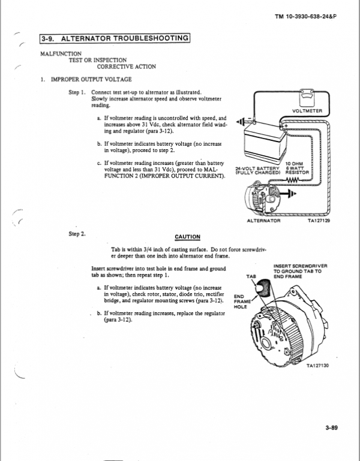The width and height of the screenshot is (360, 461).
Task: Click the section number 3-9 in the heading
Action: coord(48,40)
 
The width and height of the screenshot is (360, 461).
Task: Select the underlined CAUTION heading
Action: coord(187,236)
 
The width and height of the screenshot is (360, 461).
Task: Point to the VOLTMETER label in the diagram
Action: coord(307,111)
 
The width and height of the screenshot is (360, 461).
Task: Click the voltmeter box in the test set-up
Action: coord(307,99)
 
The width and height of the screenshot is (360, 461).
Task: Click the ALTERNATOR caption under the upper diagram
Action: coord(264,221)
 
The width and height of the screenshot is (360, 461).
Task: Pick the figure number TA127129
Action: coord(319,221)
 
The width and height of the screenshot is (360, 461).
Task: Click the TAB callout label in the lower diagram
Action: coord(251,276)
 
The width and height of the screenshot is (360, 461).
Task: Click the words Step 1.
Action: coord(79,92)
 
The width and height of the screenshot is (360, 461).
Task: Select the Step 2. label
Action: coord(79,232)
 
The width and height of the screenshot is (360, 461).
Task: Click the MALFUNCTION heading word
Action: coord(60,53)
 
